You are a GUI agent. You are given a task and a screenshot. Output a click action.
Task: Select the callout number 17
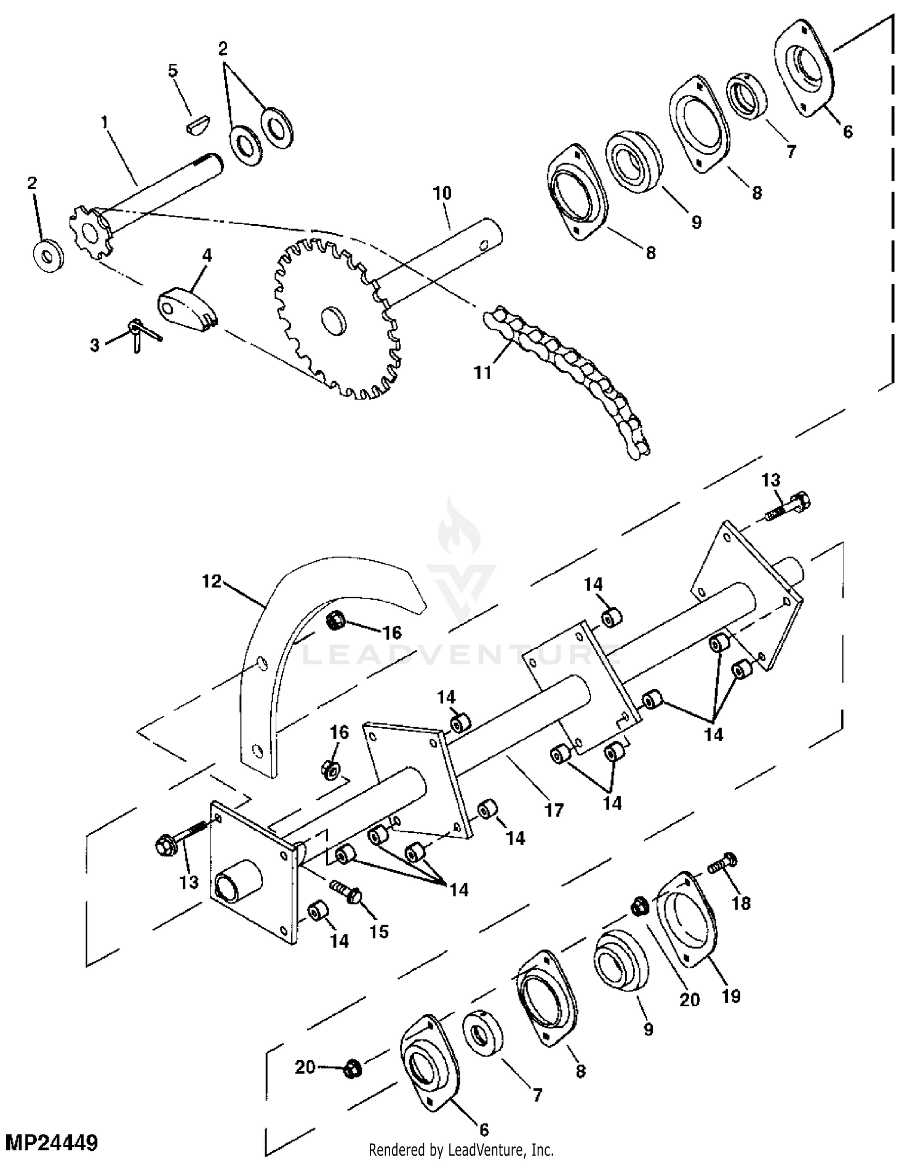coord(554,810)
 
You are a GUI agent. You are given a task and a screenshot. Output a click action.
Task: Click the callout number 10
coord(442,193)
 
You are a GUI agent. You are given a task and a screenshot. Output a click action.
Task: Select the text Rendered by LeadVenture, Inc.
coord(461,1149)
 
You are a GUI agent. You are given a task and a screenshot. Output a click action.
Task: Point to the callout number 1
coord(105,122)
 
